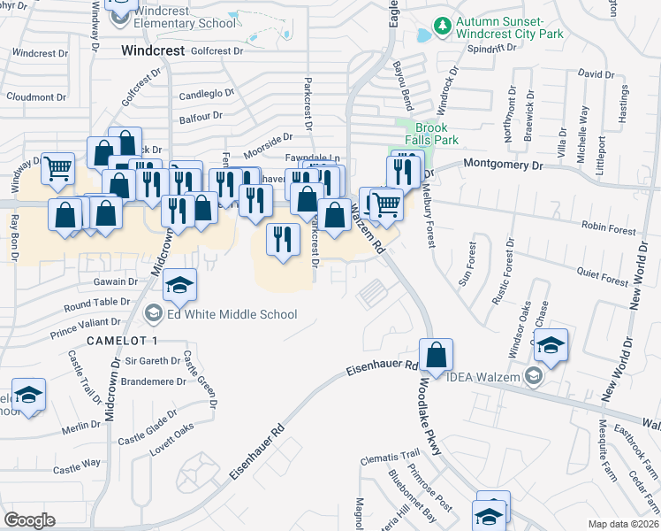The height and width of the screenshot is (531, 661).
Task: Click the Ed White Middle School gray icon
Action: click(x=154, y=314)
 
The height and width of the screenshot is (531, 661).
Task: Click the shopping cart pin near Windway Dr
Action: click(x=57, y=166)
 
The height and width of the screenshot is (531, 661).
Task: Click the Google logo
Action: click(x=30, y=520)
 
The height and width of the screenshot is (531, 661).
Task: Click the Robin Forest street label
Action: click(x=610, y=230)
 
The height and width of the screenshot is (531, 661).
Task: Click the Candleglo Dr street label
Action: click(x=206, y=93)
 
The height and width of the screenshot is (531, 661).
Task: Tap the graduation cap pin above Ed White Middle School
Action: click(x=179, y=285)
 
